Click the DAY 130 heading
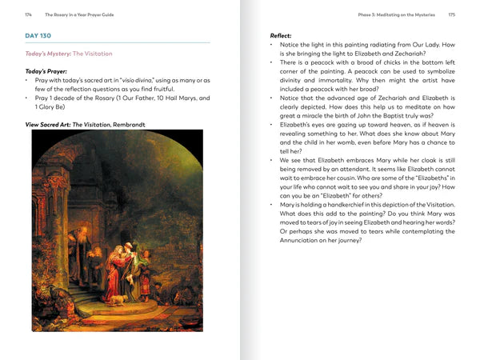39,36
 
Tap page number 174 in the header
29,14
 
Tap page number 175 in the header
451,14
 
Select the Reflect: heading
280,36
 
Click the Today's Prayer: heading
47,71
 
